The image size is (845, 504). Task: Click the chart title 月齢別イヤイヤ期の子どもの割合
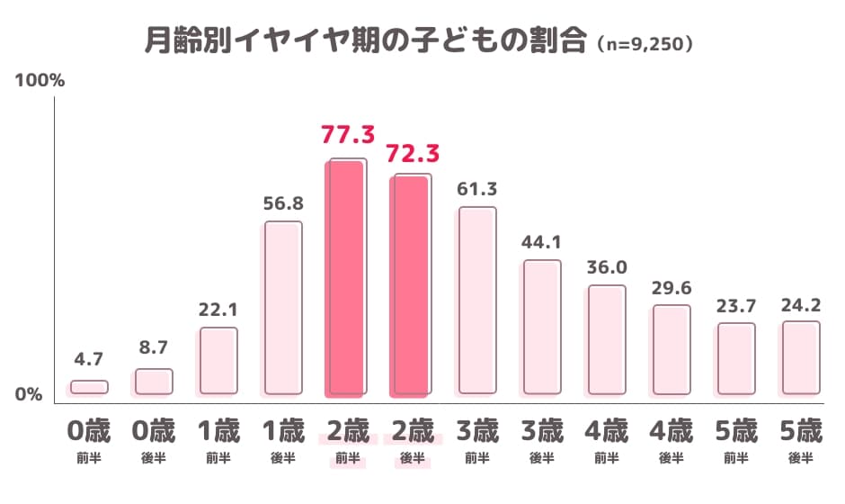point(365,41)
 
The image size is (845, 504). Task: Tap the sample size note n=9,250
point(645,43)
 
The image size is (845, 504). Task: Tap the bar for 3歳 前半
point(477,301)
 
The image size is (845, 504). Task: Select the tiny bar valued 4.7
point(88,387)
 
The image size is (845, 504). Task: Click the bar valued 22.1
point(218,360)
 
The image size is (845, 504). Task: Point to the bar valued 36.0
point(606,339)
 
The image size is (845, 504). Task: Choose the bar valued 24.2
point(800,357)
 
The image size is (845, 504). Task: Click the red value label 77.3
point(347,136)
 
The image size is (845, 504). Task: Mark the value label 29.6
point(672,287)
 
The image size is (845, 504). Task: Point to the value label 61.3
point(477,189)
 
